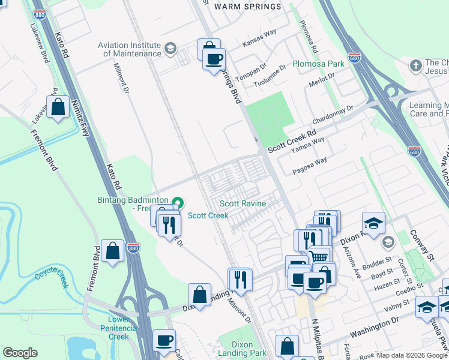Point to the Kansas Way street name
(259, 44)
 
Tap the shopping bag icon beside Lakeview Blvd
(58, 108)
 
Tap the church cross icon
(415, 65)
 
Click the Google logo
(20, 353)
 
